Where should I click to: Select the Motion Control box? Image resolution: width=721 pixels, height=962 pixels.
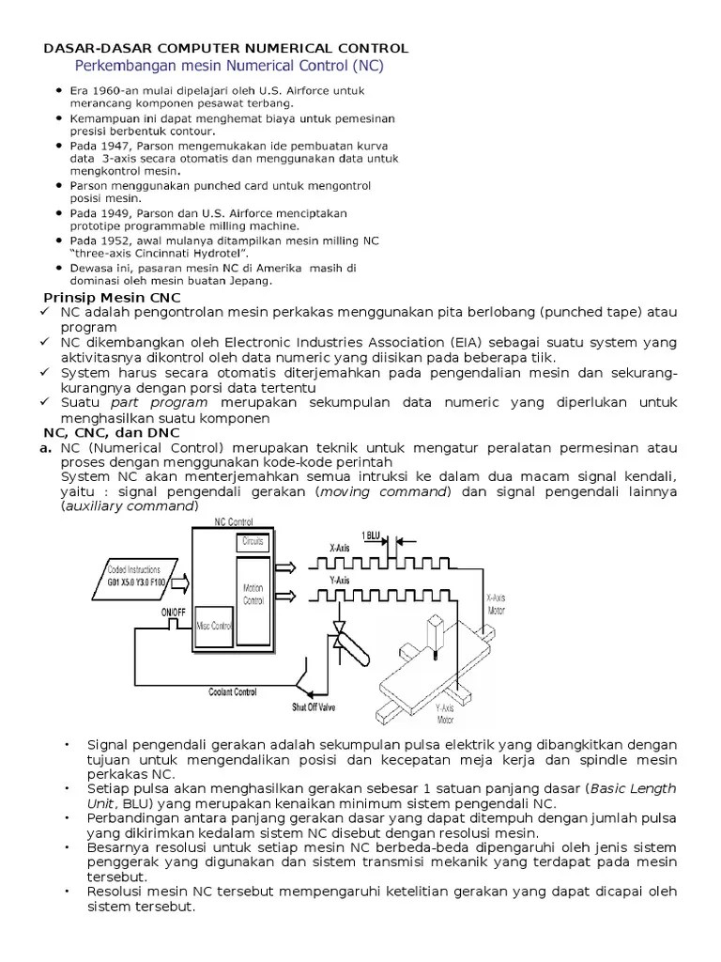(x=253, y=594)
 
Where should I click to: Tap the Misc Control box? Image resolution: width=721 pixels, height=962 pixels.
(x=213, y=626)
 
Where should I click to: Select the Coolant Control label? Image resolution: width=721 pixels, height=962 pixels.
(x=234, y=692)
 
